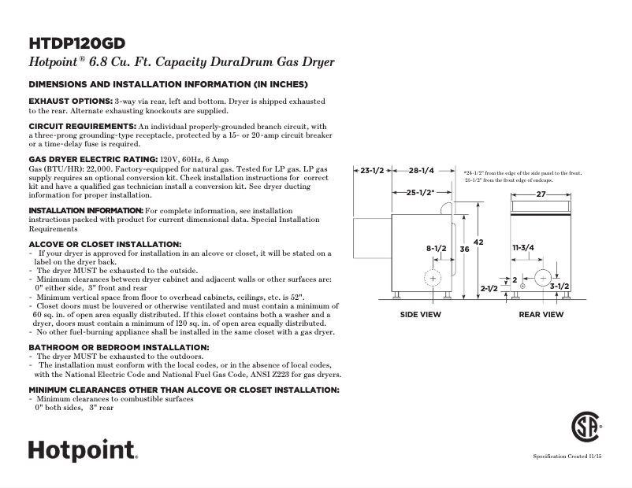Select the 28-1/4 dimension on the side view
pyautogui.click(x=422, y=171)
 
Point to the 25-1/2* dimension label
pyautogui.click(x=419, y=193)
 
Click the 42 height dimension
pyautogui.click(x=478, y=242)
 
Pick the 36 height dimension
pyautogui.click(x=464, y=249)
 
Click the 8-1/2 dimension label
pyautogui.click(x=437, y=249)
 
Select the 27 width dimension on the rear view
pyautogui.click(x=541, y=194)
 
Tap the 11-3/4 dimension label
pyautogui.click(x=523, y=248)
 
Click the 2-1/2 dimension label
pyautogui.click(x=489, y=289)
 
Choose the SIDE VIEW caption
pyautogui.click(x=420, y=314)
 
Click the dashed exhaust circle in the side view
pyautogui.click(x=434, y=279)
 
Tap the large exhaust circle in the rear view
pyautogui.click(x=543, y=279)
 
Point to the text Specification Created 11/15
pyautogui.click(x=568, y=457)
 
